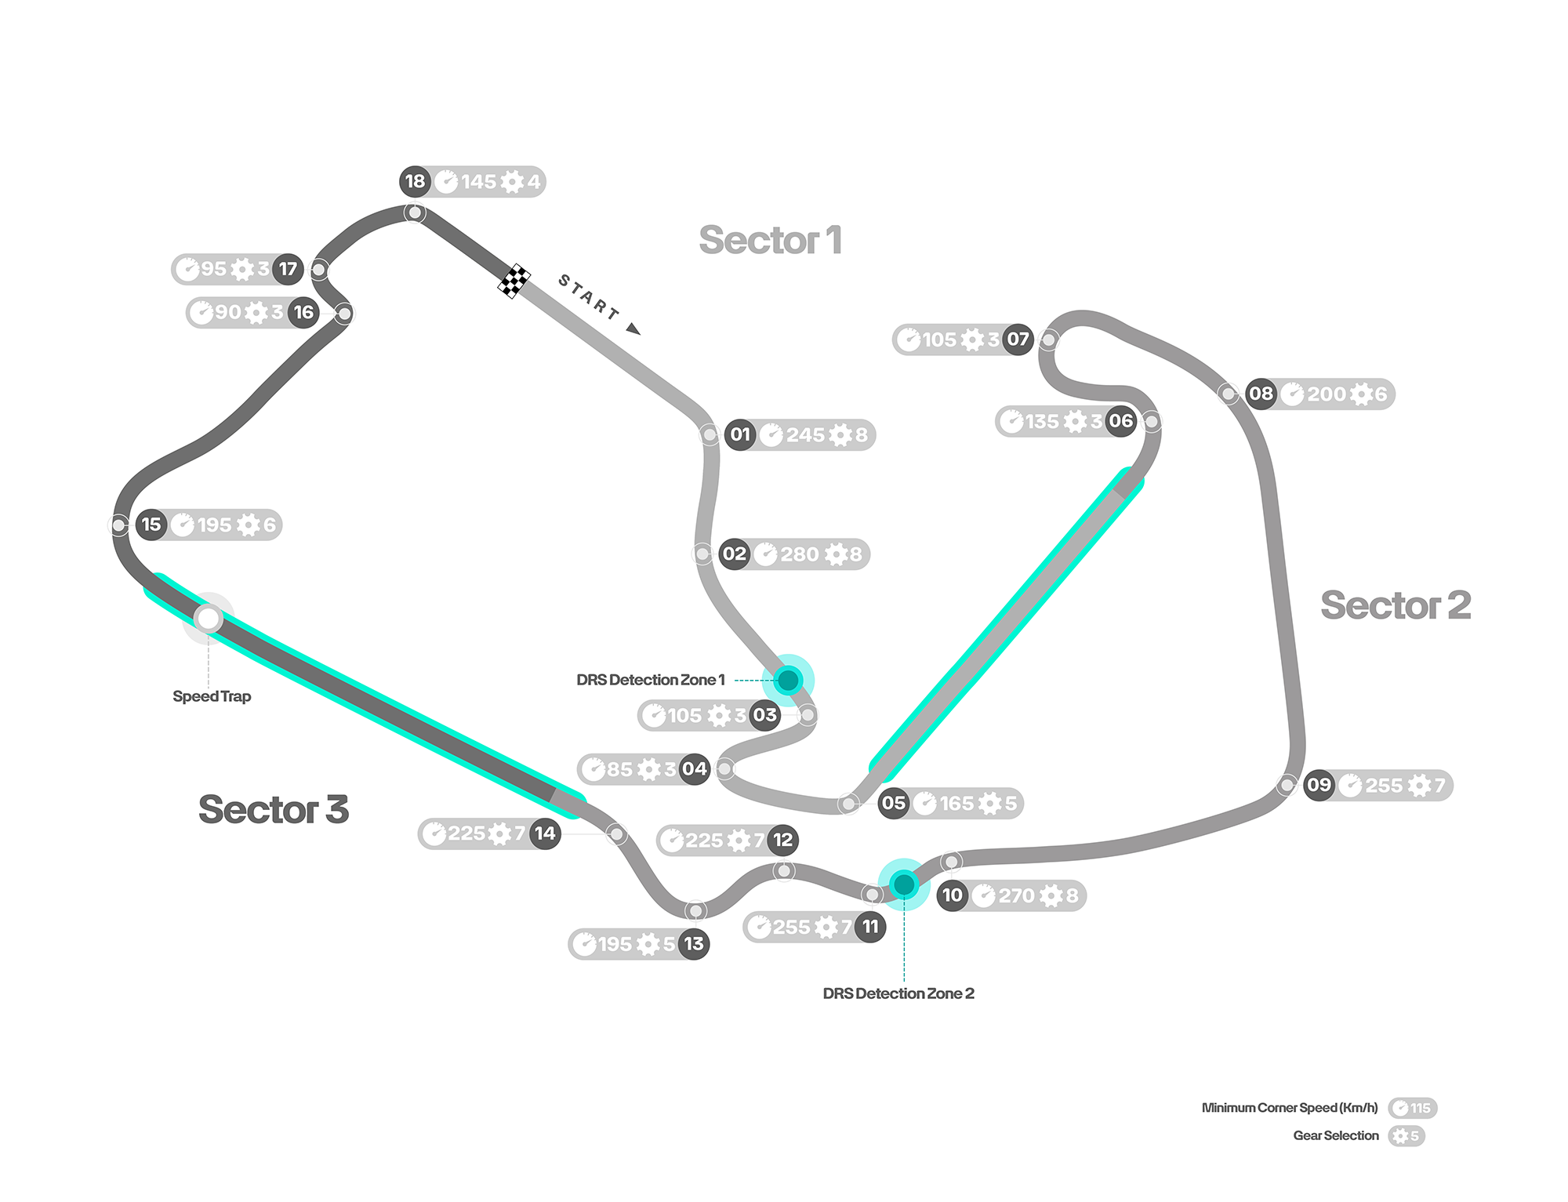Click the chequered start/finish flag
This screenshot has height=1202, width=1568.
coord(514,281)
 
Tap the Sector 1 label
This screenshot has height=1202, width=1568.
coord(771,240)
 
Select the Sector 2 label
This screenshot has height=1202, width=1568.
coord(1396,605)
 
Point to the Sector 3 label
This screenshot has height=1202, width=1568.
coord(274,809)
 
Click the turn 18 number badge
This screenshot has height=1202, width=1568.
coord(415,182)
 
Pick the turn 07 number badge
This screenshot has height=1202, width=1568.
coord(1018,340)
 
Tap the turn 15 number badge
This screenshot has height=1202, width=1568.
coord(151,525)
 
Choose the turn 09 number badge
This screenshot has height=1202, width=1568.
coord(1319,785)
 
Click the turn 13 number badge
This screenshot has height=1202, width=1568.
coord(694,944)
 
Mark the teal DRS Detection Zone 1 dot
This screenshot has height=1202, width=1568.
coord(788,680)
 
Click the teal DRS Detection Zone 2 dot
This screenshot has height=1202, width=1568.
coord(904,884)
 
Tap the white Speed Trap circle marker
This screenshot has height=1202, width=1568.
coord(209,619)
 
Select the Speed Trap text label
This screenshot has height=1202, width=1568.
coord(212,696)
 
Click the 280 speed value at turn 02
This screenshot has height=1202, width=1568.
coord(800,554)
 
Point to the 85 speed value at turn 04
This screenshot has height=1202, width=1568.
coord(619,769)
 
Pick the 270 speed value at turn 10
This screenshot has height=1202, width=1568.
coord(1017,895)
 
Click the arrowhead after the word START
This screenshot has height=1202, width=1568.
coord(633,329)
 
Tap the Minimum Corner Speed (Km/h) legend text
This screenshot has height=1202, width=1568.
coord(1290,1108)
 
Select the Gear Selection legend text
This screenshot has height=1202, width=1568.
coord(1336,1135)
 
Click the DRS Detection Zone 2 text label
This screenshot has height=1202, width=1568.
coord(898,993)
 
